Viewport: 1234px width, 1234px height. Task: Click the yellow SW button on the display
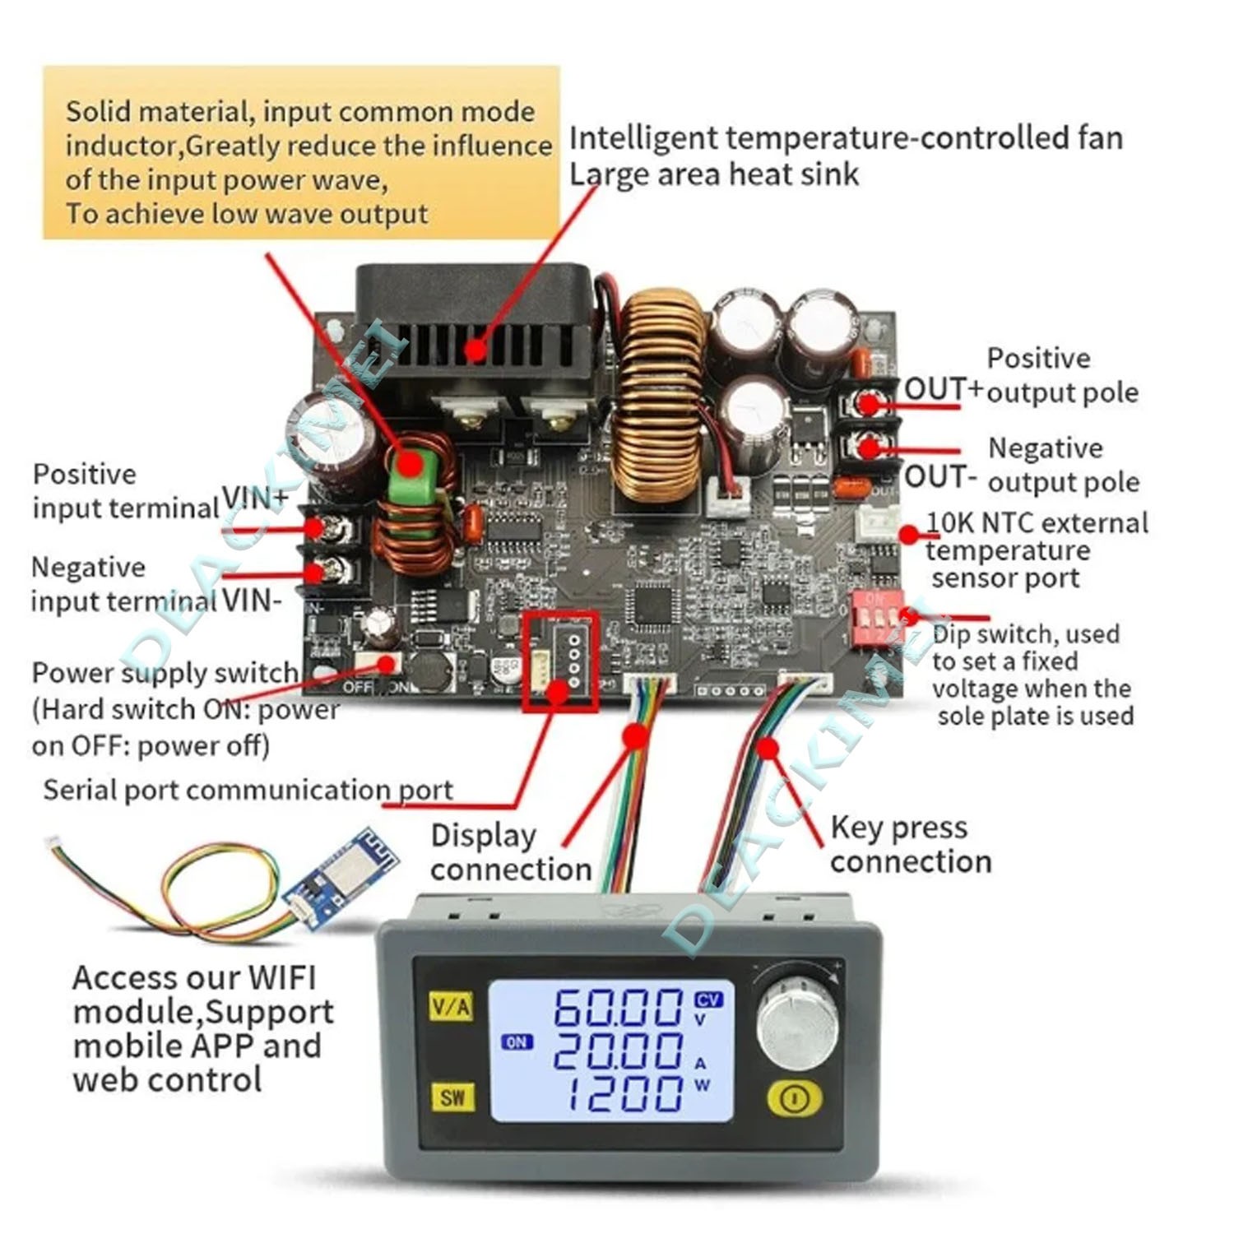(x=452, y=1097)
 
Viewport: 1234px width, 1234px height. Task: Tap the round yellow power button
(x=794, y=1098)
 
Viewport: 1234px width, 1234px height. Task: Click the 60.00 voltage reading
(x=618, y=1007)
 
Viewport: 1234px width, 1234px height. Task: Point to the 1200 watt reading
(x=625, y=1093)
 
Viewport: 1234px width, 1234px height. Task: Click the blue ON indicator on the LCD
(x=517, y=1042)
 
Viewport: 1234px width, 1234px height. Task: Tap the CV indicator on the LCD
(x=708, y=1000)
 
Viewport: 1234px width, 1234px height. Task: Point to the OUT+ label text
(x=943, y=388)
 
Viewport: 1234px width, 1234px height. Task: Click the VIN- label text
(x=252, y=601)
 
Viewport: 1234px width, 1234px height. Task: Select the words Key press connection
(x=910, y=844)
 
